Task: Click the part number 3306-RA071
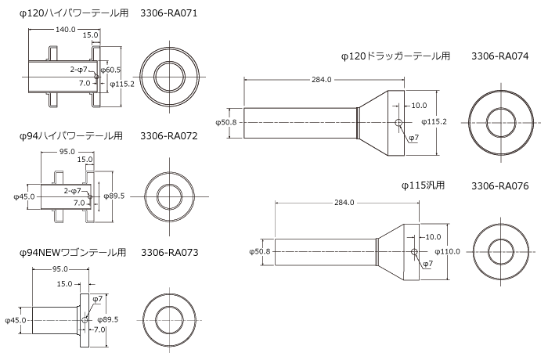tap(169, 13)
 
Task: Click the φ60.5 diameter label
tap(110, 70)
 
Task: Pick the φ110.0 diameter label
tap(446, 251)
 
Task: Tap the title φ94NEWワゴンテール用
tap(73, 253)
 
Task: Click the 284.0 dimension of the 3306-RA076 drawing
tap(344, 203)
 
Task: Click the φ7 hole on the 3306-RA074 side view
tap(399, 123)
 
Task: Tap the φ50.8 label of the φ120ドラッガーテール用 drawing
tap(226, 122)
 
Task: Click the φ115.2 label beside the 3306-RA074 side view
tap(434, 122)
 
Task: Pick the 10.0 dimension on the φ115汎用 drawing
tap(432, 236)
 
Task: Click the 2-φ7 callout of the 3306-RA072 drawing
tap(73, 190)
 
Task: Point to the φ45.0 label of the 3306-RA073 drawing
tap(16, 320)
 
